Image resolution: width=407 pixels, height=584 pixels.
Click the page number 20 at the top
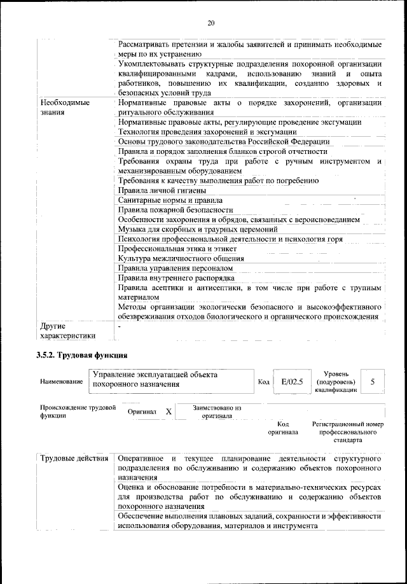pos(211,24)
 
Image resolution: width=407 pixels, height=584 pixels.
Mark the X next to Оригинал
pos(169,412)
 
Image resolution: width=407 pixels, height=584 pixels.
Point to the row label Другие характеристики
pos(67,331)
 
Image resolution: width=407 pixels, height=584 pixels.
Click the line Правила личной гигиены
pos(162,190)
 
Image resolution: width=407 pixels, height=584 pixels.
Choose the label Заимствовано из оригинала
pos(217,412)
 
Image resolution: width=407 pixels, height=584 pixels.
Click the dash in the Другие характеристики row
pos(120,326)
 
